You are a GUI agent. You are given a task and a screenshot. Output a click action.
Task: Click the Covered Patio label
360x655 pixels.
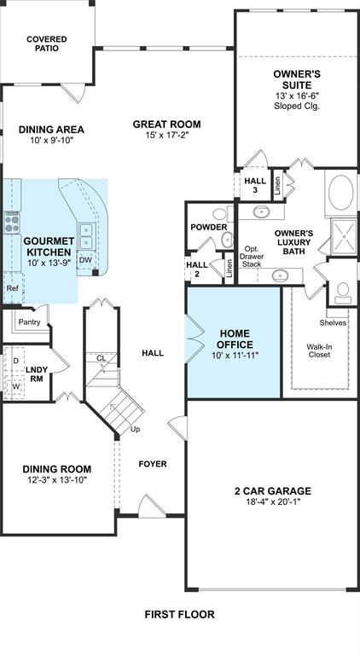[x=47, y=43]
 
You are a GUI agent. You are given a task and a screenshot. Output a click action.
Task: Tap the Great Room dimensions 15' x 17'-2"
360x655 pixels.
[x=166, y=135]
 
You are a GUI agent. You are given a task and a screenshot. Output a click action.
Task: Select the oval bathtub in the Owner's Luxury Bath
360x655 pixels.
[x=340, y=192]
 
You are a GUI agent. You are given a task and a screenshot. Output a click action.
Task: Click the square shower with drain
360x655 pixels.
[x=344, y=236]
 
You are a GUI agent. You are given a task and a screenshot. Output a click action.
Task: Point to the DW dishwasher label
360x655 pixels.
[x=85, y=260]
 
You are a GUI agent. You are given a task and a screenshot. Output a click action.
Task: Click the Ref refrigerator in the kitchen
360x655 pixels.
[x=13, y=287]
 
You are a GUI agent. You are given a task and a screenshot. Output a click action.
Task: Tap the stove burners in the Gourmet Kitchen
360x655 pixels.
[x=12, y=223]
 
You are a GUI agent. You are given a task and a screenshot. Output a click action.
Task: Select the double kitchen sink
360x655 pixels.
[x=86, y=235]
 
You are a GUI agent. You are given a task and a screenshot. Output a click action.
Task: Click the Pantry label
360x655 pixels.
[x=29, y=322]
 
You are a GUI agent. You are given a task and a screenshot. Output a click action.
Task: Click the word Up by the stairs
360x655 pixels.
[x=136, y=429]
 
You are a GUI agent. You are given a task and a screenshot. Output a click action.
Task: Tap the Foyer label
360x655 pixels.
[x=153, y=464]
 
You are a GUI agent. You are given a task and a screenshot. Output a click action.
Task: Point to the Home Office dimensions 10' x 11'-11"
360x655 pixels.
[x=236, y=356]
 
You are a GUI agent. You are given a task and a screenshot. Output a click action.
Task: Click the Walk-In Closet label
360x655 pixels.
[x=320, y=351]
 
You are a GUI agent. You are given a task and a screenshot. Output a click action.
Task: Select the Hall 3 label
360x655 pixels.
[x=255, y=185]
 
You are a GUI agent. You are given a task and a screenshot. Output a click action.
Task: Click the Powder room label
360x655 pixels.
[x=209, y=227]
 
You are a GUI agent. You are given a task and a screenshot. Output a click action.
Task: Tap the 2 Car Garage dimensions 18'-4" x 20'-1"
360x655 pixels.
[x=273, y=501]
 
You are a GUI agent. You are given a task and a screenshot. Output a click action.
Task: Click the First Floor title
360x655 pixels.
[x=180, y=614]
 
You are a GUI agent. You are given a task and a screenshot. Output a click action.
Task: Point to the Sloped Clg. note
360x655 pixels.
[x=297, y=106]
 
